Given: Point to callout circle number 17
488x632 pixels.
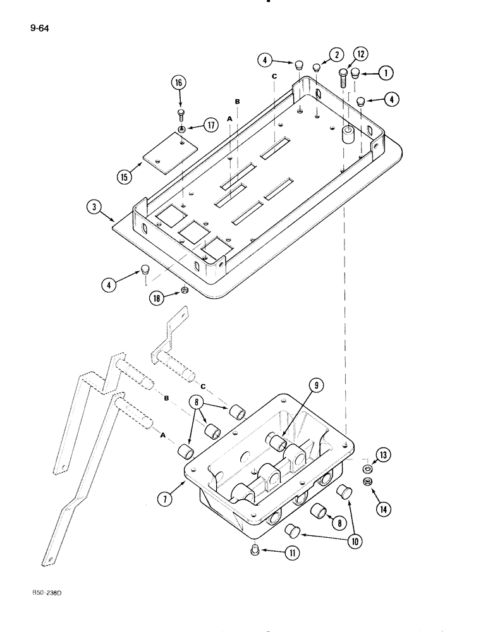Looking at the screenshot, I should coord(211,126).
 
